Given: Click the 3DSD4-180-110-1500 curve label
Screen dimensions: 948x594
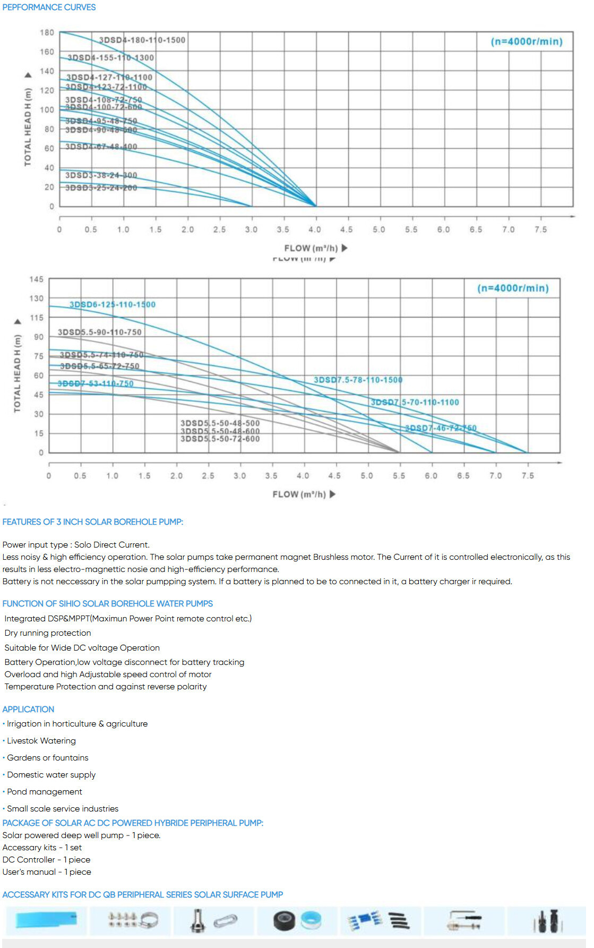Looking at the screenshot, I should click(142, 40).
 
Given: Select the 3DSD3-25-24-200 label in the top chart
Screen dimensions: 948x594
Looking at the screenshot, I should click(101, 187).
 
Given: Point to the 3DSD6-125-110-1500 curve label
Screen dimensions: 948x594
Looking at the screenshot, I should click(113, 304).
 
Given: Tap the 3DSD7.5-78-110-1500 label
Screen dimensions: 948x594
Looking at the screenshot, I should click(358, 380).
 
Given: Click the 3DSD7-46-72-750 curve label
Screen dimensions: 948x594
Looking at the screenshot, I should click(441, 428).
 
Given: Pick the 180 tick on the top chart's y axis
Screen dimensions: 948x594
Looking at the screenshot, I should click(47, 32).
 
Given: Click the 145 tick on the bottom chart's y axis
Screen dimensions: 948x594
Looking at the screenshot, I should click(37, 279).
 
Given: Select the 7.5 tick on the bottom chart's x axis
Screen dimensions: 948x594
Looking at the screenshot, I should click(528, 476).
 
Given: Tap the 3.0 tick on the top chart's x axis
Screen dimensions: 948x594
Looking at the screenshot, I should click(251, 229).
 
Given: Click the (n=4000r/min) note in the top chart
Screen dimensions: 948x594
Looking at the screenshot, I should click(526, 41).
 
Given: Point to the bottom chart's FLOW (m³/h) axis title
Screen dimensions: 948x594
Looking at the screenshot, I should click(299, 494).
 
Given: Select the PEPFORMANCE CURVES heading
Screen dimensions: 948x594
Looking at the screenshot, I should click(49, 7).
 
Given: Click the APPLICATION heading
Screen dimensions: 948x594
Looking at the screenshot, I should click(28, 709).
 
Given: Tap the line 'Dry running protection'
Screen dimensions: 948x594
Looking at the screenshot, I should click(48, 633).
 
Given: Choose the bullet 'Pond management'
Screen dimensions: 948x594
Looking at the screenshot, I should click(45, 792).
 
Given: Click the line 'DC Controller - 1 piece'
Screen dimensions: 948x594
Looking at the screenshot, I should click(46, 859).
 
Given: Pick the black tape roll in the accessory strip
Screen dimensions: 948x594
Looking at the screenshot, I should click(284, 921).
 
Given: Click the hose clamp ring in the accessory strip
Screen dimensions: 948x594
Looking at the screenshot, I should click(150, 920).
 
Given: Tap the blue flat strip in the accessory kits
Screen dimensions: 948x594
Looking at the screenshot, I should click(46, 919).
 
